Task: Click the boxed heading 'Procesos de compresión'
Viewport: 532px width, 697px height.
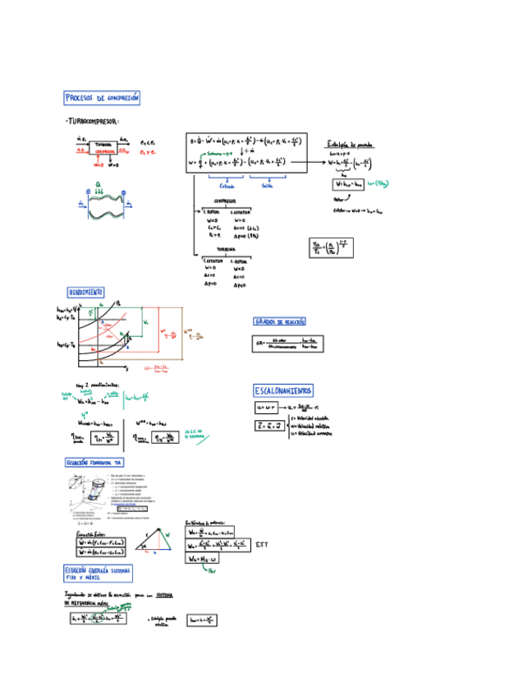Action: [103, 99]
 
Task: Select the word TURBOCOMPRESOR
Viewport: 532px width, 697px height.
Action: [95, 122]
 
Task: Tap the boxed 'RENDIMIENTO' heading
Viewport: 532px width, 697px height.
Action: [85, 292]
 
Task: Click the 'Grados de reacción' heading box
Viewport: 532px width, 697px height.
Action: [279, 321]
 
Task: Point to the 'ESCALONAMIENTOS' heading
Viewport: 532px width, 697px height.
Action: [283, 390]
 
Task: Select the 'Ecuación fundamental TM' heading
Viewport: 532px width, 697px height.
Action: [94, 464]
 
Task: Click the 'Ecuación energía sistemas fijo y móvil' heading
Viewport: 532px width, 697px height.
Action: [98, 572]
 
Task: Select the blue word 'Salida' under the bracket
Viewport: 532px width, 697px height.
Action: [268, 185]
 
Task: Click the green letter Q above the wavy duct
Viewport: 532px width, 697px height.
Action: [99, 185]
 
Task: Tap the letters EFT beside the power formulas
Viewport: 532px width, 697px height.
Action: [261, 544]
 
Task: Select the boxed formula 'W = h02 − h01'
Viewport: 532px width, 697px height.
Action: [346, 185]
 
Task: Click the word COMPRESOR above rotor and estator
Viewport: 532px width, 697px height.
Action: [225, 200]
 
